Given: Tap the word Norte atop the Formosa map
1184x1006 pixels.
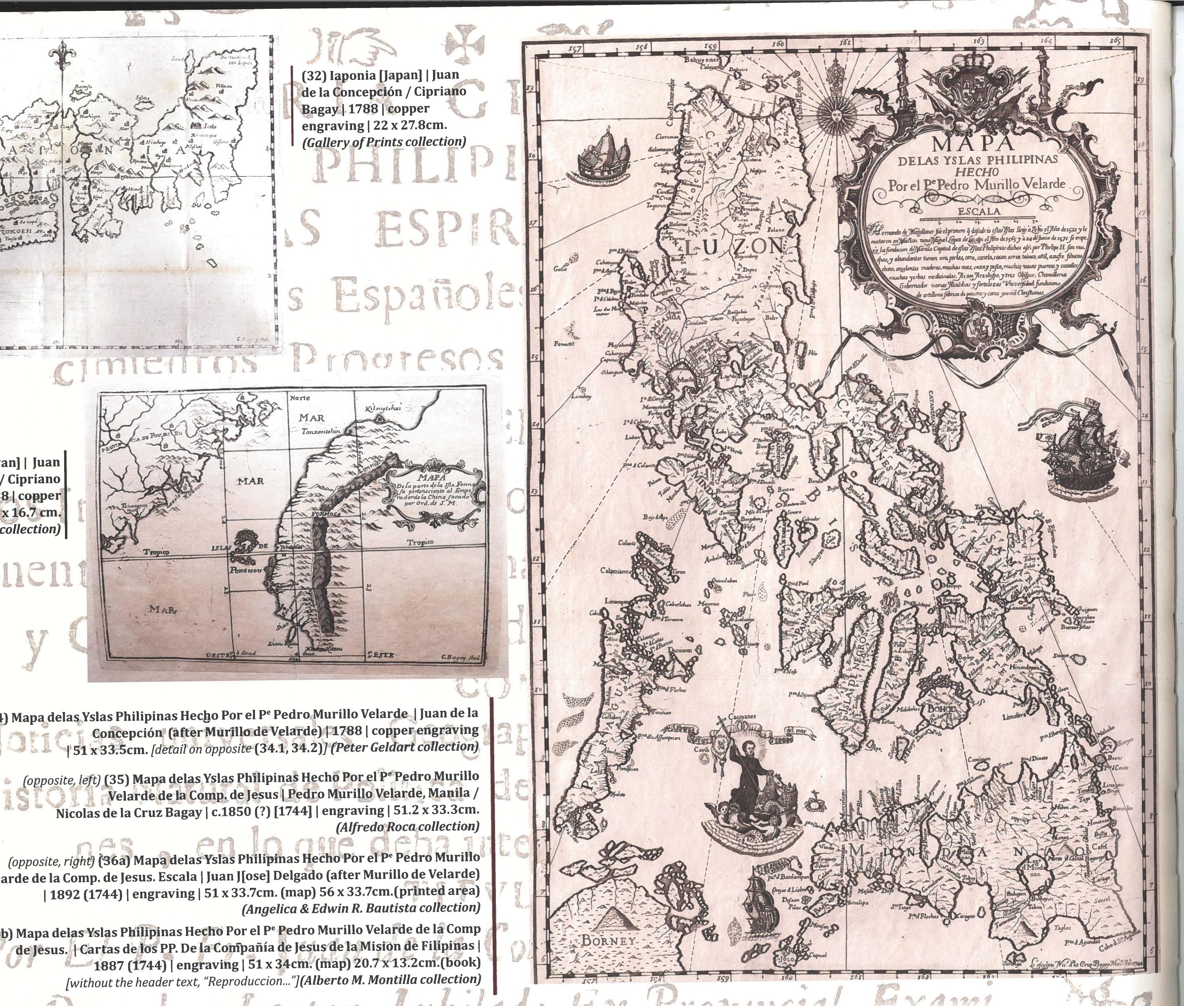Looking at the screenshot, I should tap(300, 398).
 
